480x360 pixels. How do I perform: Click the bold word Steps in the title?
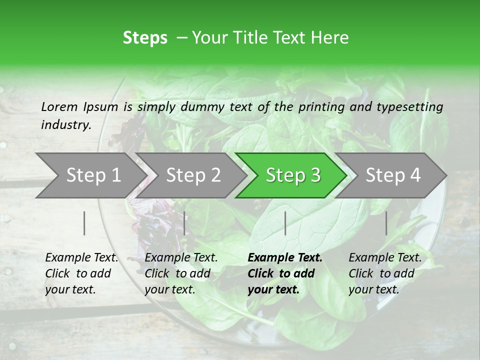(x=145, y=38)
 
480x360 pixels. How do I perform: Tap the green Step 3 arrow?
(x=293, y=175)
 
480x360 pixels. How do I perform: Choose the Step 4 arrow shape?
(x=393, y=175)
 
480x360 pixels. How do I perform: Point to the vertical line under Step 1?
(x=84, y=223)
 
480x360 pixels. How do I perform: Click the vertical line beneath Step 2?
(x=184, y=223)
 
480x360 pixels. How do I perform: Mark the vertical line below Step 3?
(x=285, y=223)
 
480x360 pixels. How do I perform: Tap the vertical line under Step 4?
(x=386, y=223)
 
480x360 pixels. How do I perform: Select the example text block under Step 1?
(x=81, y=273)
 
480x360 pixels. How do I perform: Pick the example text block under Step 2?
(x=180, y=273)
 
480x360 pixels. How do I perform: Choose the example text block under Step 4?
(x=384, y=273)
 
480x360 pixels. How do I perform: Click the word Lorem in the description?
(x=59, y=106)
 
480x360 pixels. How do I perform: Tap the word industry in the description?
(x=65, y=125)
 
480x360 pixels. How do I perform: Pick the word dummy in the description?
(x=203, y=107)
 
